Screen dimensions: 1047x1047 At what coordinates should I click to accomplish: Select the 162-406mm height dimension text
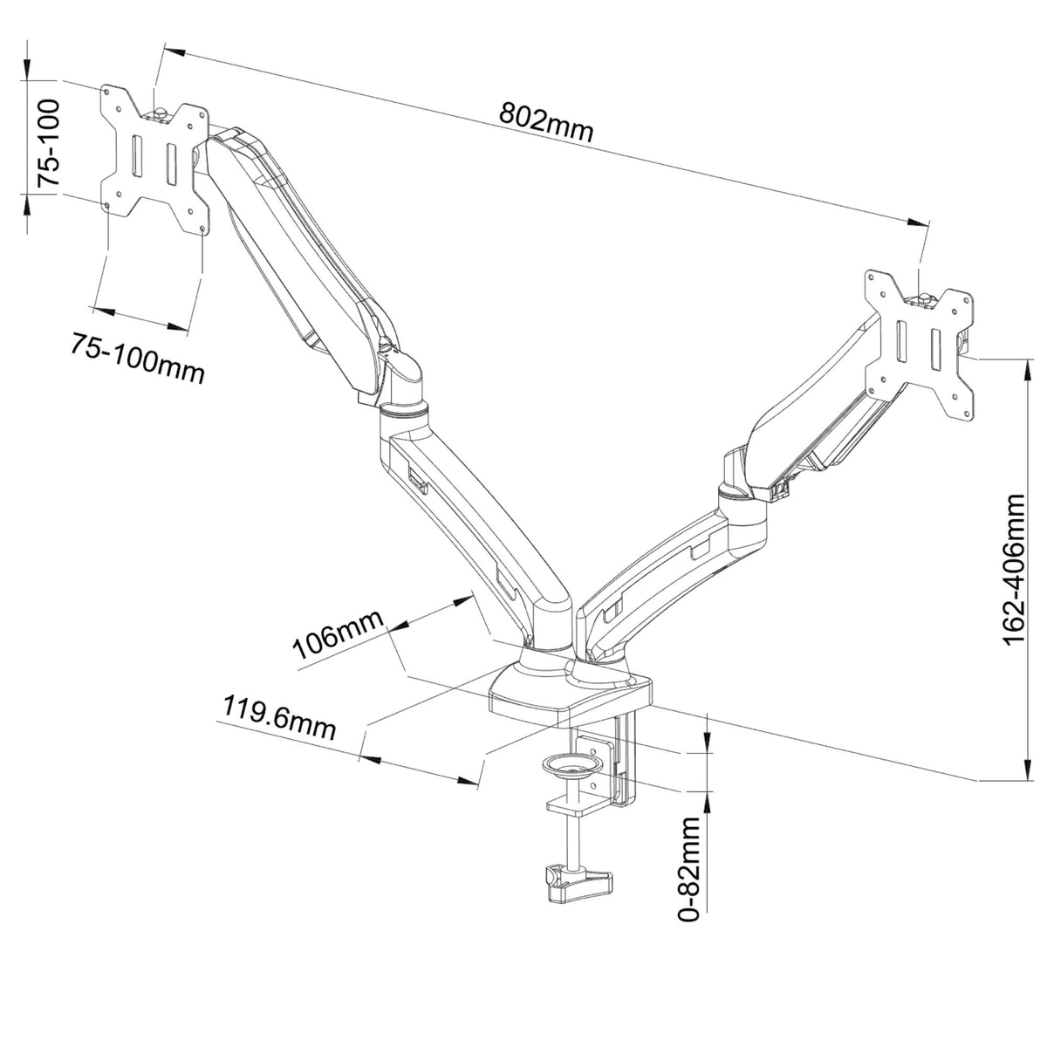point(1015,569)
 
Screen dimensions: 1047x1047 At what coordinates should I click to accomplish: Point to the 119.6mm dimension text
point(279,716)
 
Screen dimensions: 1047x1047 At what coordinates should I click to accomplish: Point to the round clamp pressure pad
point(571,766)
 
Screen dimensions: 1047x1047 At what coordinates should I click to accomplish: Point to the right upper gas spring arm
point(811,419)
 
